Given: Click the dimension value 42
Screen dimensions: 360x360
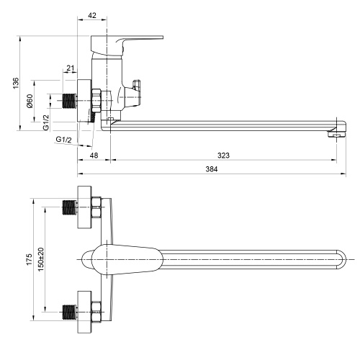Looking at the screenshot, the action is (x=92, y=15).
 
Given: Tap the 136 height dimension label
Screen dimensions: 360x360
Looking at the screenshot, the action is (x=16, y=83).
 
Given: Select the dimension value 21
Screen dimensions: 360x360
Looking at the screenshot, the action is (x=71, y=68).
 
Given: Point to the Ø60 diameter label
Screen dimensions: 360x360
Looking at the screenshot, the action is (x=30, y=101).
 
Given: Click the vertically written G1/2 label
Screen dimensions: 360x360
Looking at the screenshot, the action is (x=46, y=122).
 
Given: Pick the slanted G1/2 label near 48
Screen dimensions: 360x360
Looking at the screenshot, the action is (x=63, y=140).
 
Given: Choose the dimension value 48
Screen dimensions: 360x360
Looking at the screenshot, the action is (x=94, y=156).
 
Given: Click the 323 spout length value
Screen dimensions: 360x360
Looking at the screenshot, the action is (x=223, y=156).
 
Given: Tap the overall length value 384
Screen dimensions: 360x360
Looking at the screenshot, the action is (x=212, y=169).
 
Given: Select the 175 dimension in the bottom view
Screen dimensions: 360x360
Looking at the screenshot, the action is (x=29, y=259).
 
